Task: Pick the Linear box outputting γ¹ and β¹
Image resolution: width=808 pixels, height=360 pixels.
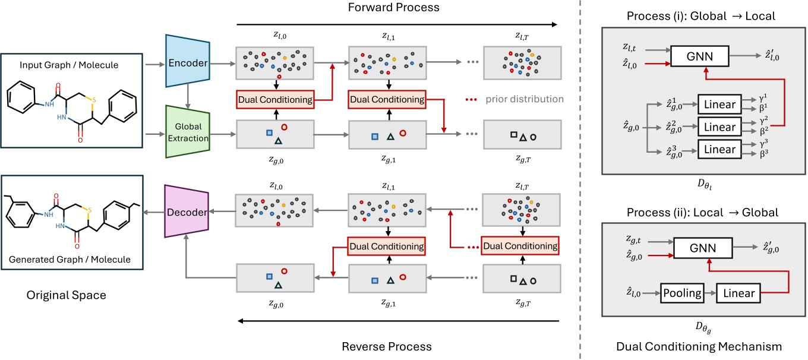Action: (x=719, y=105)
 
